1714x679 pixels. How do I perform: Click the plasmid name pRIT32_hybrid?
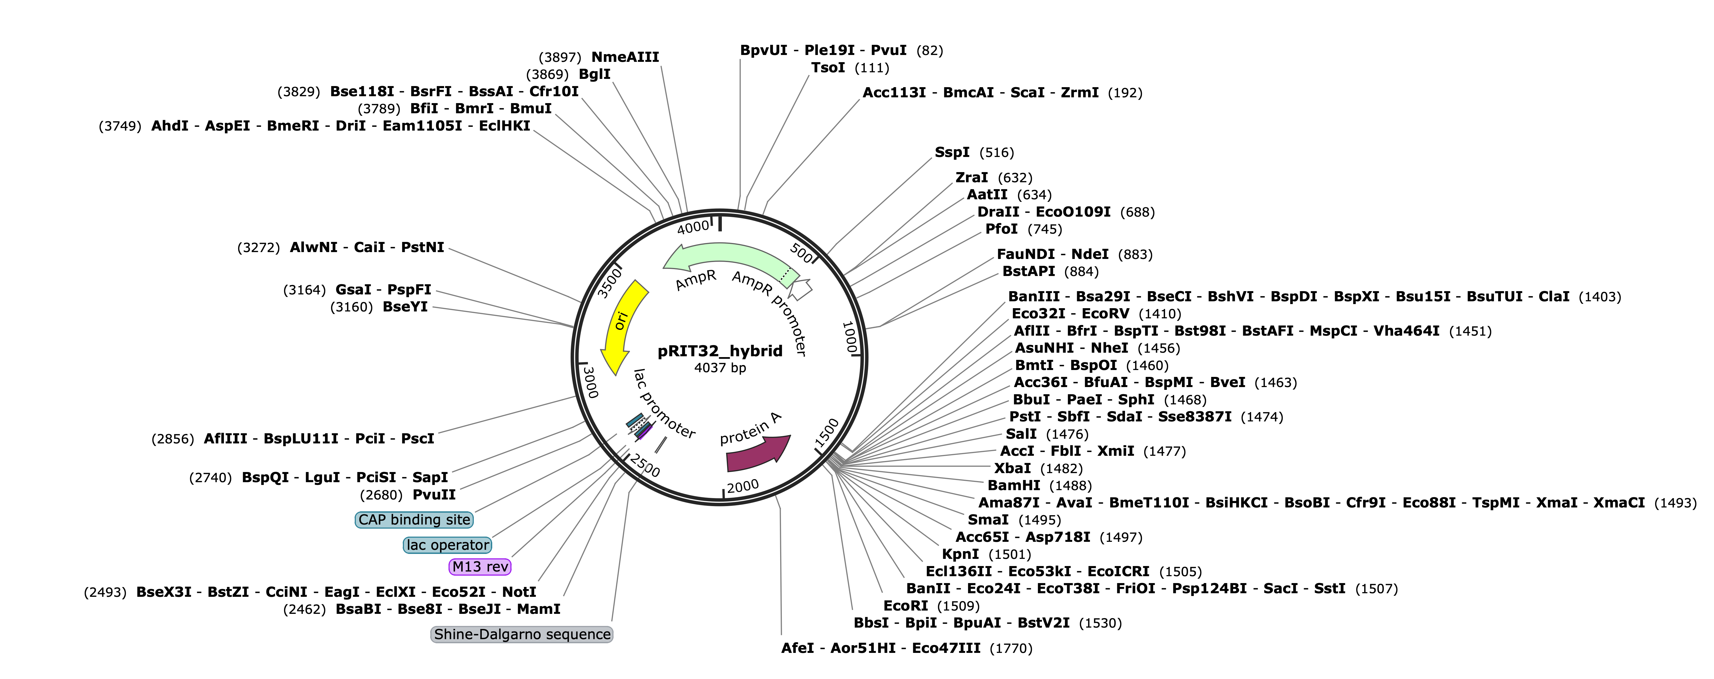pyautogui.click(x=720, y=351)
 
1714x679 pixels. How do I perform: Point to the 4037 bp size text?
pyautogui.click(x=720, y=368)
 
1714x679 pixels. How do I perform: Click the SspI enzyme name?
pyautogui.click(x=952, y=152)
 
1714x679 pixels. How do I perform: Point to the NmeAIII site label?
pyautogui.click(x=625, y=57)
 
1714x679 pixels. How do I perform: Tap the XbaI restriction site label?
pyautogui.click(x=1013, y=468)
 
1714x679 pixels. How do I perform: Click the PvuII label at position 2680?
pyautogui.click(x=434, y=495)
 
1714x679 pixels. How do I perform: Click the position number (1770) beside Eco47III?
pyautogui.click(x=1011, y=648)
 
